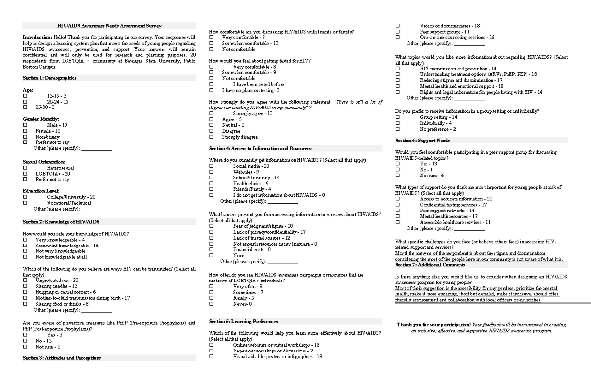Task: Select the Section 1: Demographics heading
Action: pyautogui.click(x=49, y=78)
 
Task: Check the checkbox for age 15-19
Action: pyautogui.click(x=25, y=95)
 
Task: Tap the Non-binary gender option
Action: pyautogui.click(x=47, y=137)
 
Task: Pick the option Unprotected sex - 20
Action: pyautogui.click(x=57, y=280)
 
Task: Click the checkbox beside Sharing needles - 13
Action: pyautogui.click(x=25, y=286)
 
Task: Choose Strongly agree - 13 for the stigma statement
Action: pyautogui.click(x=253, y=113)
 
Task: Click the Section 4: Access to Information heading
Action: pyautogui.click(x=260, y=148)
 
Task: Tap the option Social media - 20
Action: pyautogui.click(x=252, y=166)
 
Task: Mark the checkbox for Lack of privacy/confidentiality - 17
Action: pyautogui.click(x=211, y=232)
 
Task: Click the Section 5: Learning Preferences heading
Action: pyautogui.click(x=243, y=321)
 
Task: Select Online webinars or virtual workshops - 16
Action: pyautogui.click(x=276, y=345)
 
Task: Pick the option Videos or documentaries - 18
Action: pyautogui.click(x=450, y=26)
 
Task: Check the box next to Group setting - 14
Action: pyautogui.click(x=398, y=117)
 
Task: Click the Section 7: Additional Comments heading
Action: pyautogui.click(x=430, y=265)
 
